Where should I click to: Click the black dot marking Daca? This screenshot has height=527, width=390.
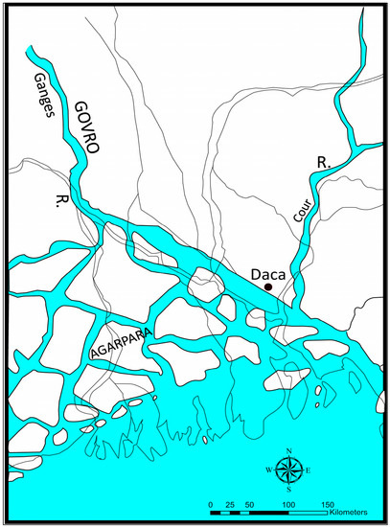[x=269, y=286]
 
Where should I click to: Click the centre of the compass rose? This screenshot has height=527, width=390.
[x=287, y=470]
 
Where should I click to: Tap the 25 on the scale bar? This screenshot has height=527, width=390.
[x=231, y=504]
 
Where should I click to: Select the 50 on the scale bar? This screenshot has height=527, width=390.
[x=249, y=504]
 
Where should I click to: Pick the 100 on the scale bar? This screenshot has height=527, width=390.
[x=287, y=504]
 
